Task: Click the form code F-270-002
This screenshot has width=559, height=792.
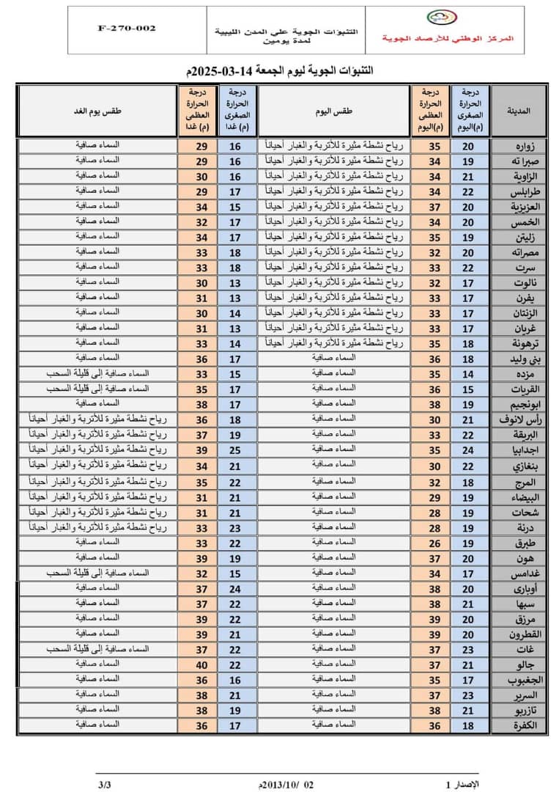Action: tap(126, 29)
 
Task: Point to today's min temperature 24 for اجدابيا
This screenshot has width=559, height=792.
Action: tap(469, 450)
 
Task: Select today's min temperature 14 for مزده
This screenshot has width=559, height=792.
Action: tap(469, 374)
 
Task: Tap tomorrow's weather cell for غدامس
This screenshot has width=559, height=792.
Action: tap(97, 571)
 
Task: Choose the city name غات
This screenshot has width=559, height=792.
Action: tap(525, 650)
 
